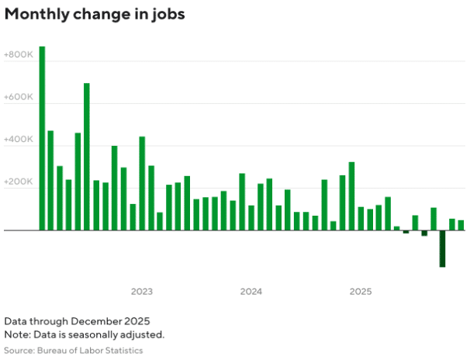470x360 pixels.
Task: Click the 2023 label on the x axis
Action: (x=141, y=292)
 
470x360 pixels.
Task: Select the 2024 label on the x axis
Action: (x=251, y=292)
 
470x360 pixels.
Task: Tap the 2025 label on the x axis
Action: (x=360, y=292)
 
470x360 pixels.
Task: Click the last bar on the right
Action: (x=461, y=225)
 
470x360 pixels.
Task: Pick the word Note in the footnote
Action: (x=15, y=335)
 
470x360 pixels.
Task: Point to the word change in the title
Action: (x=97, y=15)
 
